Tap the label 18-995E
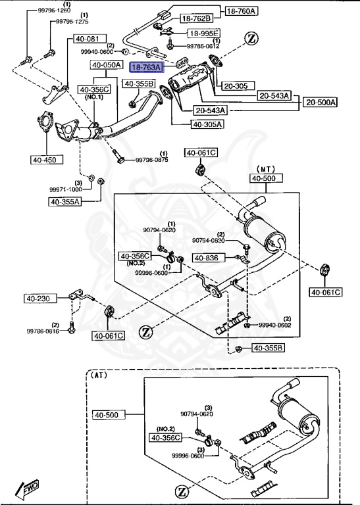203,33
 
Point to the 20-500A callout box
320,102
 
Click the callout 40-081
86,39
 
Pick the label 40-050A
107,65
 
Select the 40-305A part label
207,124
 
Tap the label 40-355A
64,202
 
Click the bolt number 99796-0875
152,160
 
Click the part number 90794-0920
209,241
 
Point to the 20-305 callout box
235,85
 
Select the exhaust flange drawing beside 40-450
45,126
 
